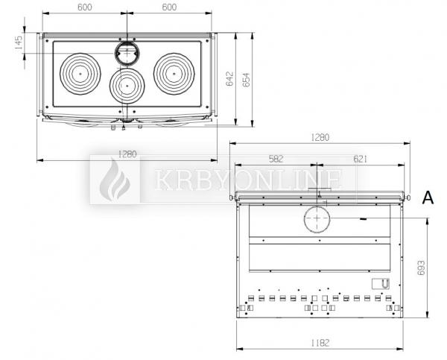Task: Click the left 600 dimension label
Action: coord(85,7)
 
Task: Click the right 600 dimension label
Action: coord(169,7)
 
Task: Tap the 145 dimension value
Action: coord(18,42)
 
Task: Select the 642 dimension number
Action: coord(229,79)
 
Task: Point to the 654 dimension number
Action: coord(246,80)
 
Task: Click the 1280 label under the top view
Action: coord(127,154)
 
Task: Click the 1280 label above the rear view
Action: coord(320,137)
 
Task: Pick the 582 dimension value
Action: coord(276,159)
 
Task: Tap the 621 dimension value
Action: coord(361,159)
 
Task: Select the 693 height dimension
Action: coord(422,268)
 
